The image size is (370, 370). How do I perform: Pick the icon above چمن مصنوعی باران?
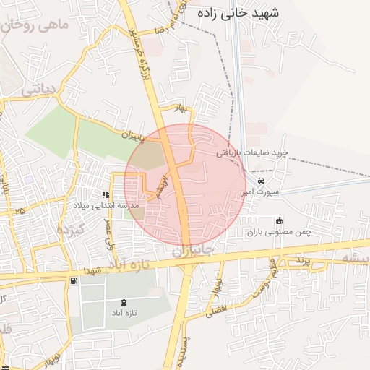coord(280,220)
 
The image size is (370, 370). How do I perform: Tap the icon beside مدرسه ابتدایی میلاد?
coord(106,194)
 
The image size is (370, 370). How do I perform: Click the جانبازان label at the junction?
coord(193,250)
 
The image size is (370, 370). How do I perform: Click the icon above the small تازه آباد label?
coord(124,301)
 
